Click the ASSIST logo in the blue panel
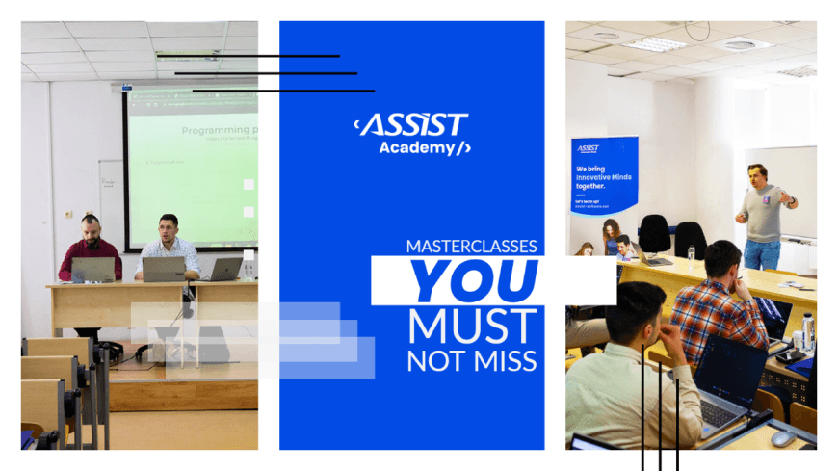click(411, 124)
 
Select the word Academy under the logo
click(417, 147)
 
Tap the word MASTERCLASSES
click(471, 246)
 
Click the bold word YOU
click(473, 280)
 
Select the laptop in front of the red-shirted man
click(92, 269)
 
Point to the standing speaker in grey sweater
click(765, 214)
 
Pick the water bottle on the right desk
click(807, 328)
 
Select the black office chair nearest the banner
click(655, 234)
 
